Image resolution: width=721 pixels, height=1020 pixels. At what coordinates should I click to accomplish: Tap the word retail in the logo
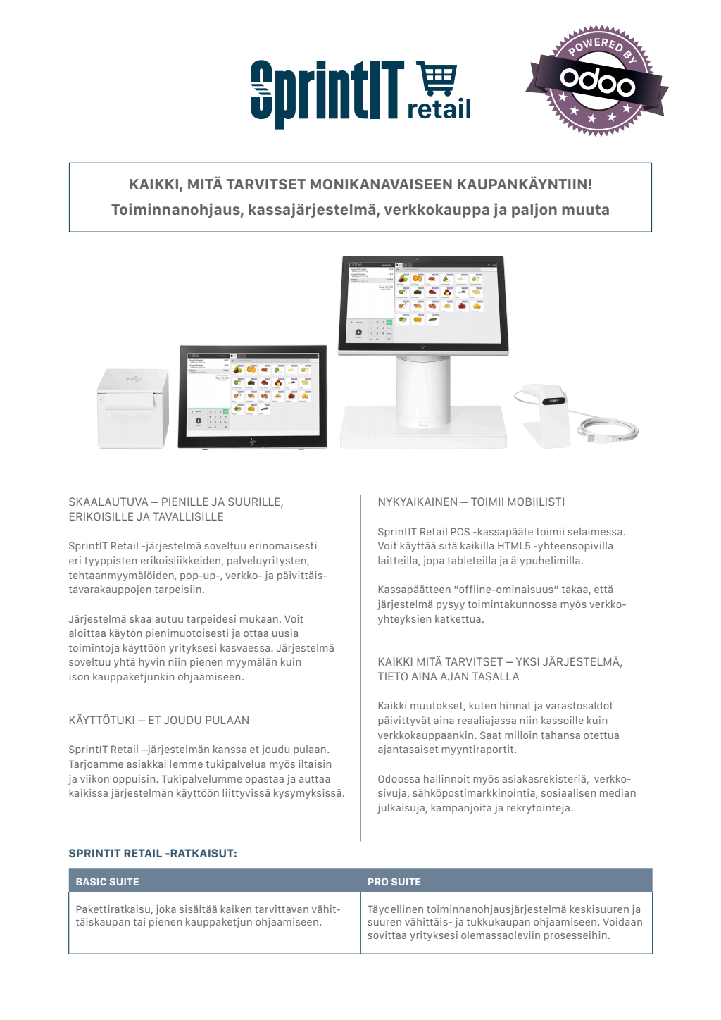[439, 109]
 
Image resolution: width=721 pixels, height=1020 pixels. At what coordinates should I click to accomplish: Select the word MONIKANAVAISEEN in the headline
[380, 185]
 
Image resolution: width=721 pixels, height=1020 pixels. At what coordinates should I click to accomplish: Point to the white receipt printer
[132, 408]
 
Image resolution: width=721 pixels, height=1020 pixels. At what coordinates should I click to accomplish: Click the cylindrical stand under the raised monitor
[422, 391]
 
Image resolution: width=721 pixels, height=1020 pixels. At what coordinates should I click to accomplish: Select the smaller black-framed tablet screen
[253, 394]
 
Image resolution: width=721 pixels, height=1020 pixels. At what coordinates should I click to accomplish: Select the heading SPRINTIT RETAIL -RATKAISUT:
[153, 854]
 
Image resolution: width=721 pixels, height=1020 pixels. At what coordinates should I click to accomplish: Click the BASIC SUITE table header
[108, 882]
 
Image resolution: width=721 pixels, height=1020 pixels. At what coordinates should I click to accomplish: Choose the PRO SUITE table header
[394, 882]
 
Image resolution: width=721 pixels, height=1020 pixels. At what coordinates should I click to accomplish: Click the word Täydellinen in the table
[395, 909]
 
